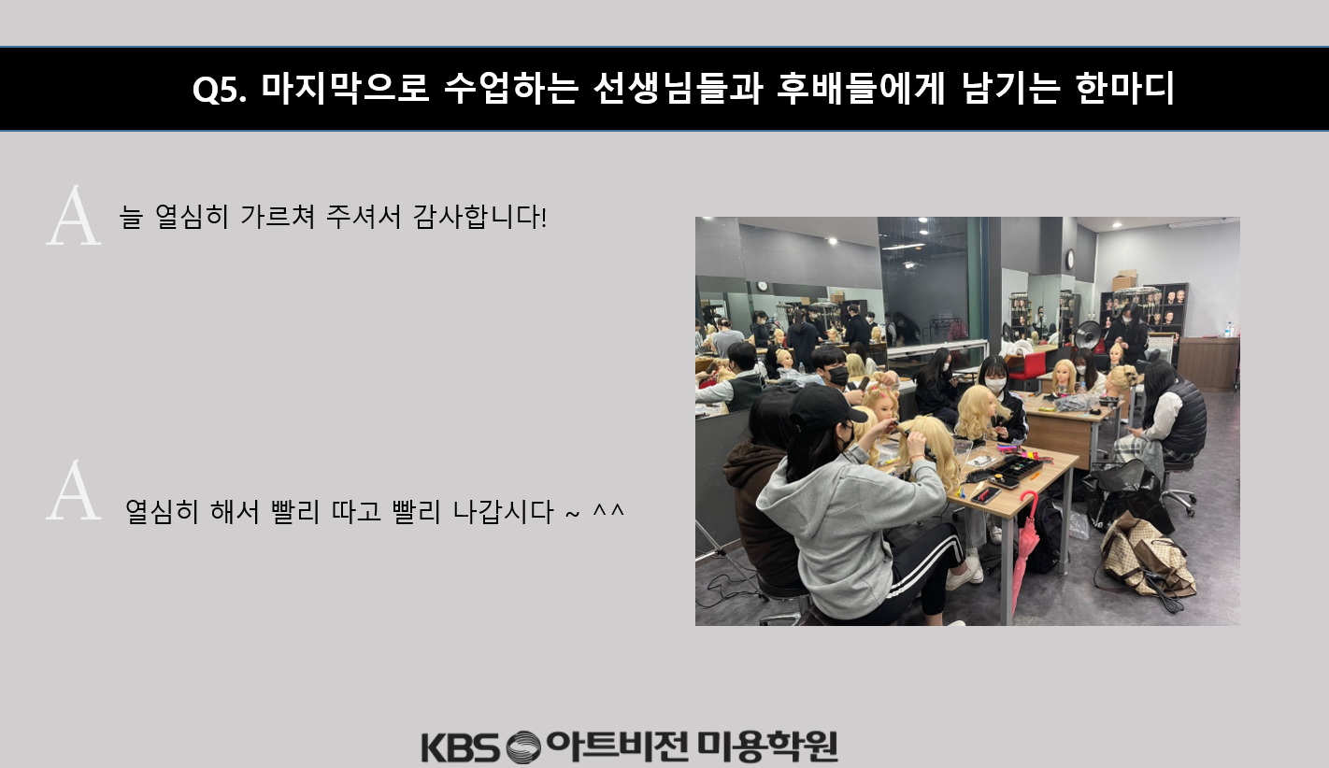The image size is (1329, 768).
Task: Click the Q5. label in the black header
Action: [x=219, y=90]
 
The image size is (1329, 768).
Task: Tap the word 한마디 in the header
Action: [x=1124, y=89]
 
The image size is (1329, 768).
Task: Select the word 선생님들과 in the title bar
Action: [x=678, y=89]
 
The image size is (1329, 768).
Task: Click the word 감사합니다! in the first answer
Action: [x=479, y=216]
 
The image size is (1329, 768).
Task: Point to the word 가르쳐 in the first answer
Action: [x=278, y=216]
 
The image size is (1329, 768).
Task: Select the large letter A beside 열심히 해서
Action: [x=74, y=491]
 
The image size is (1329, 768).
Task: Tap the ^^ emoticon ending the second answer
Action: [x=608, y=509]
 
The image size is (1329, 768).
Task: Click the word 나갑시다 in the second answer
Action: [x=503, y=511]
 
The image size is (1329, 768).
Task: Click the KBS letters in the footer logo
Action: [x=461, y=747]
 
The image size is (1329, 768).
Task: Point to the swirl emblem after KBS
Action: [x=524, y=747]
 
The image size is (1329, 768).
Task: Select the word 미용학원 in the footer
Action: [x=767, y=747]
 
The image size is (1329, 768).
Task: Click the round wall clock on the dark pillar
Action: [x=1070, y=259]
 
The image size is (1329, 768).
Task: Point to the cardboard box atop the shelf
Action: [x=1124, y=280]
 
